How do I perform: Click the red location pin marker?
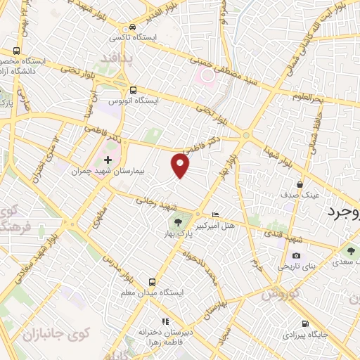click(x=181, y=165)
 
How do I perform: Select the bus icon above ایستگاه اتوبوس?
click(x=133, y=89)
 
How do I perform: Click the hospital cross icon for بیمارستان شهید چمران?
click(x=107, y=160)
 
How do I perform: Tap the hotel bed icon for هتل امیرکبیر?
click(x=215, y=214)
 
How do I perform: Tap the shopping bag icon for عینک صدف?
click(x=300, y=184)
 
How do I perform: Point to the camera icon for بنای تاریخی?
click(x=296, y=255)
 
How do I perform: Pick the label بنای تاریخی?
click(x=295, y=266)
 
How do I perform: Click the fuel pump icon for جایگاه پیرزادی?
click(x=304, y=323)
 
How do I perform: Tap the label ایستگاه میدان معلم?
click(x=162, y=292)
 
